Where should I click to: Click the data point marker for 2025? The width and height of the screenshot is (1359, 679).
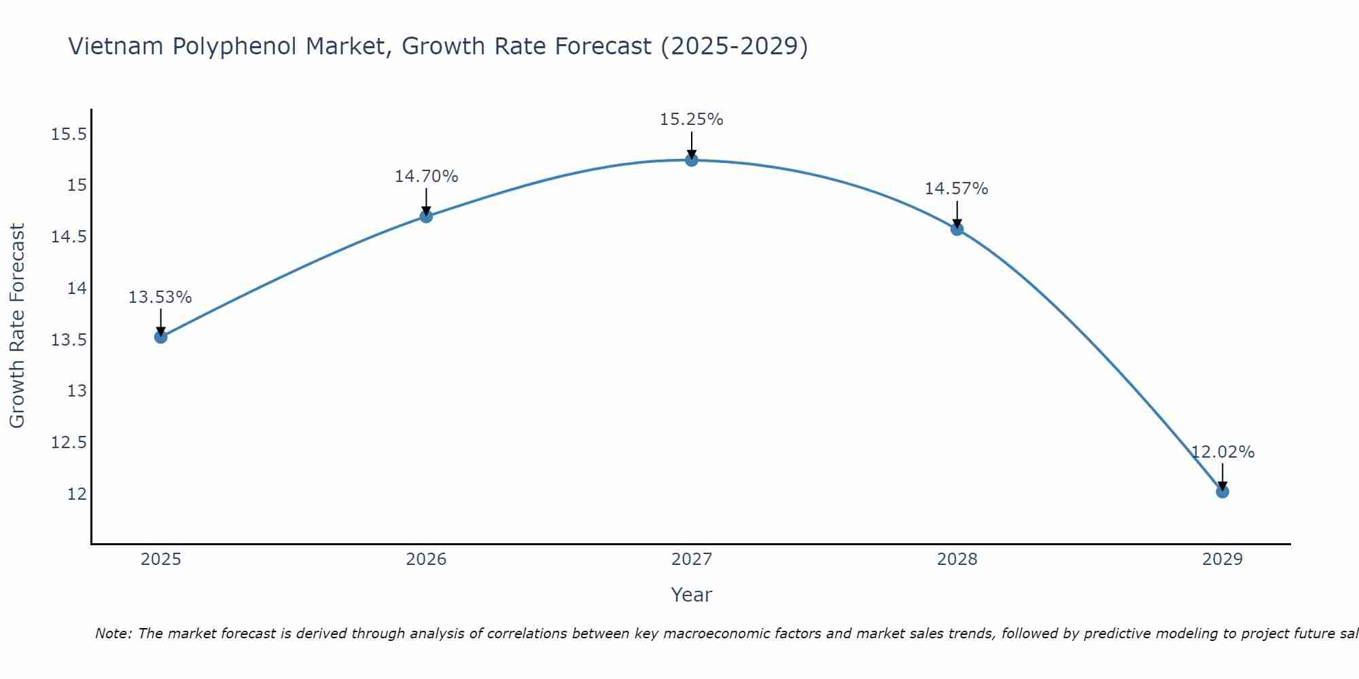160,337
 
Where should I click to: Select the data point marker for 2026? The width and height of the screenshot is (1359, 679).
426,217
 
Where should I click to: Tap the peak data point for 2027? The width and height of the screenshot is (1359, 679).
692,160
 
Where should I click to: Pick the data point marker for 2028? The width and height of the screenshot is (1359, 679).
957,230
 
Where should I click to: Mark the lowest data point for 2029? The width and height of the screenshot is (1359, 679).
1222,492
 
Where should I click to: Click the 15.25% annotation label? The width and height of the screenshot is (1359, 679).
692,120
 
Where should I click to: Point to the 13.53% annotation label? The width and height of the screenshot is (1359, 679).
160,297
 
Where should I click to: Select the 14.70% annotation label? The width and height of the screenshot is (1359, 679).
426,177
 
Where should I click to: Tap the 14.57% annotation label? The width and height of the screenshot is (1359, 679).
957,189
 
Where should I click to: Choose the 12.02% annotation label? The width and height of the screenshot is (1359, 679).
1222,452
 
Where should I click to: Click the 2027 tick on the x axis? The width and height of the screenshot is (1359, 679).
692,559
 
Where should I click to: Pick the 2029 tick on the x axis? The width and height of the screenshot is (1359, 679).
1222,559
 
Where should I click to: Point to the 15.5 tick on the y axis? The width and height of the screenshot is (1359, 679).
69,134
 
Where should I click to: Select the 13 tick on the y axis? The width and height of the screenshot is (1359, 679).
77,391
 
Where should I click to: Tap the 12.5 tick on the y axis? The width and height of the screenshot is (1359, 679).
69,443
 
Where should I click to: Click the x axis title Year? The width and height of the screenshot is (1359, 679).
692,595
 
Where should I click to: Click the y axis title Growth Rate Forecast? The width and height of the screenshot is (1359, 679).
17,326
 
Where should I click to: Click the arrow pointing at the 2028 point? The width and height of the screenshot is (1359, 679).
957,215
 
